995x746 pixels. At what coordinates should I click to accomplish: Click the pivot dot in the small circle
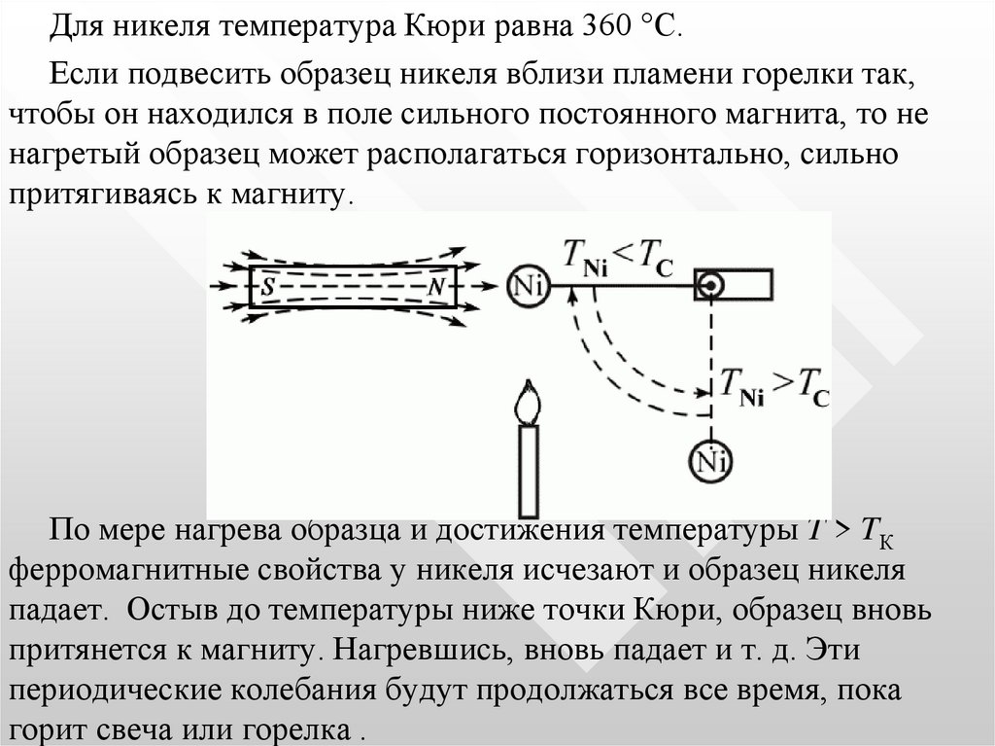(x=711, y=285)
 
